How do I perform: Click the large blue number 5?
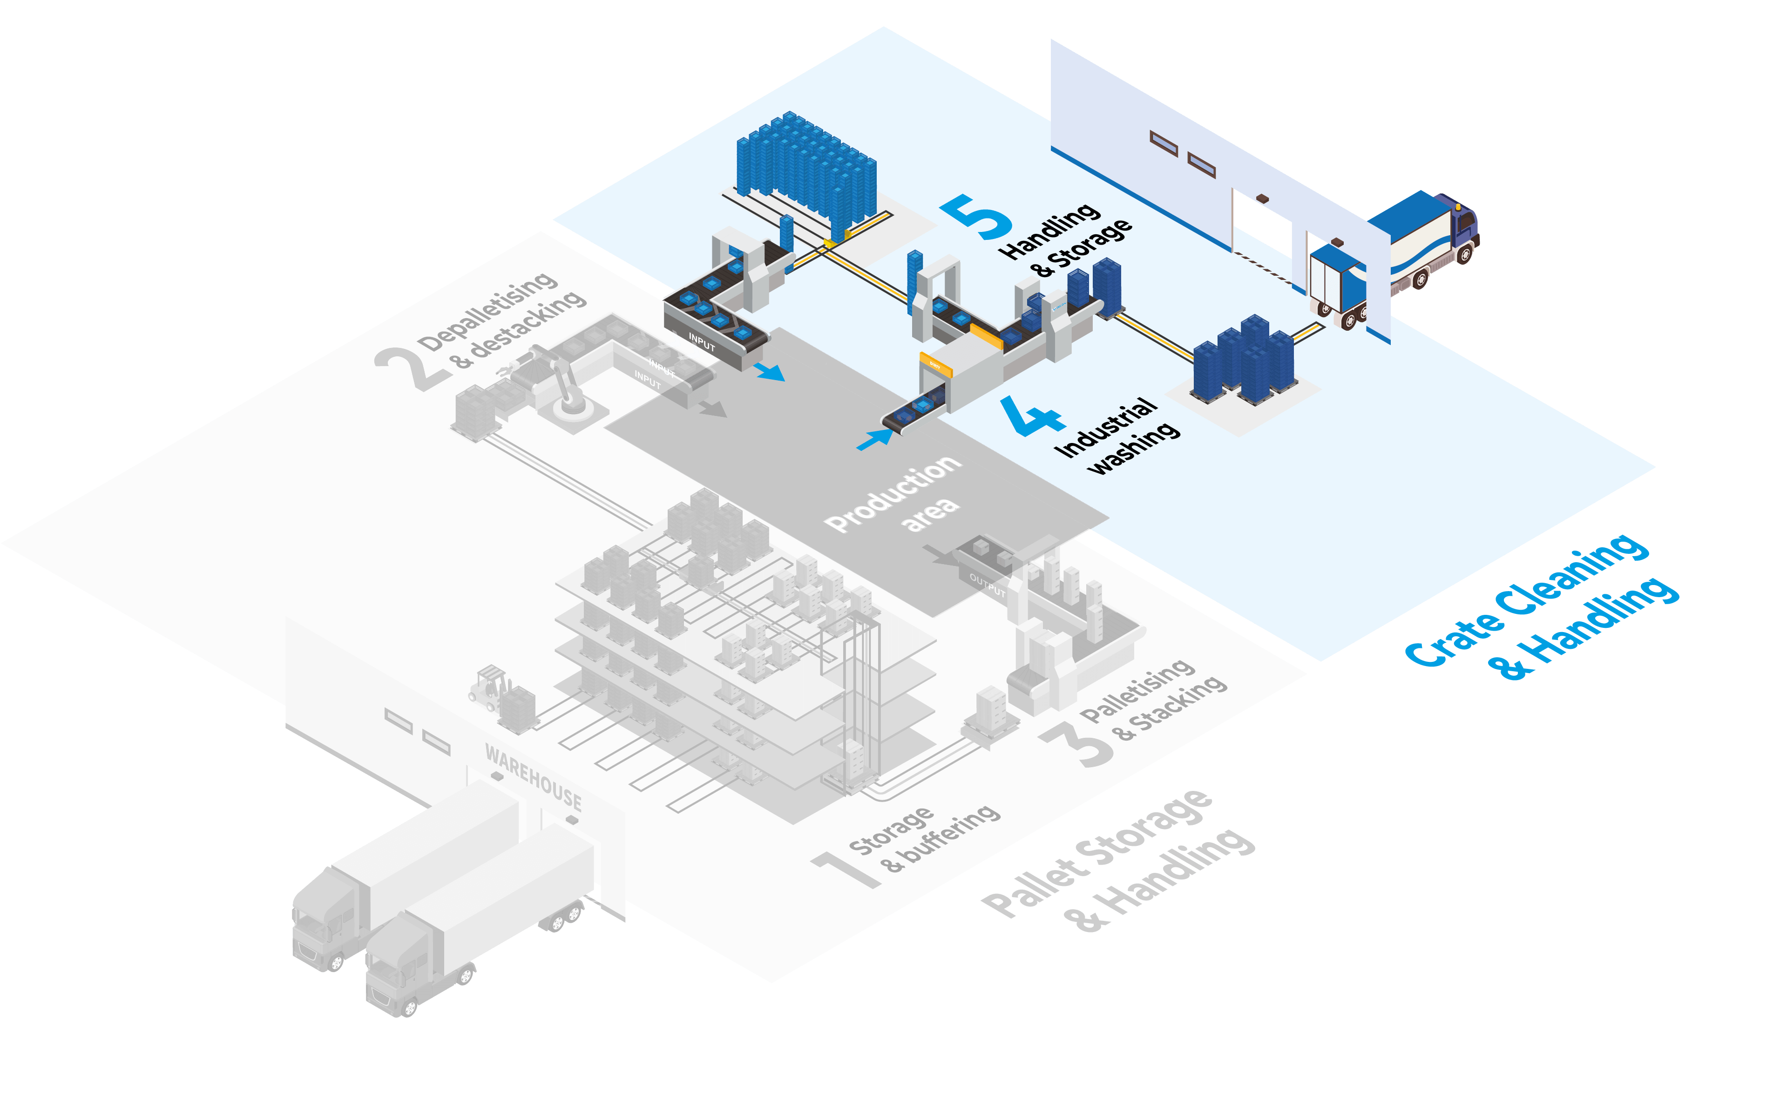[x=977, y=217]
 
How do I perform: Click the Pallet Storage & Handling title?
[x=1116, y=861]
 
